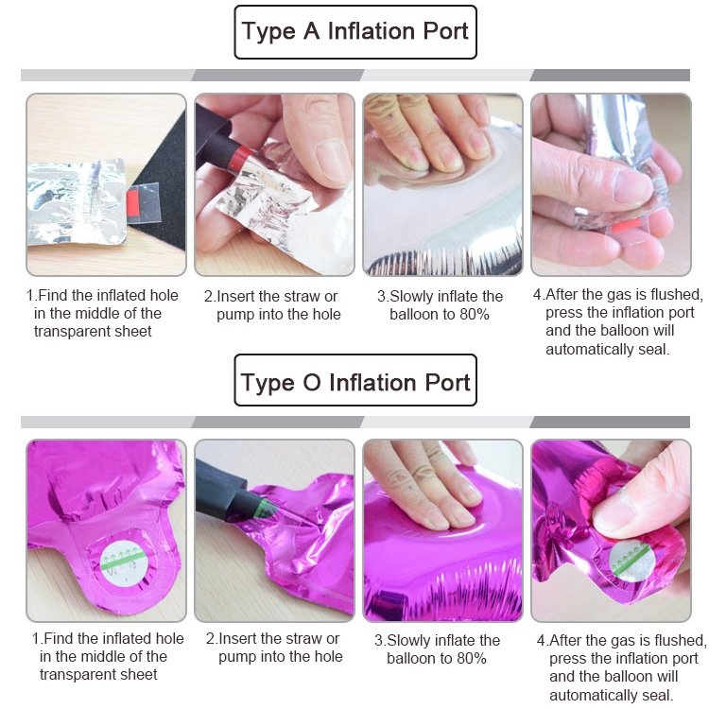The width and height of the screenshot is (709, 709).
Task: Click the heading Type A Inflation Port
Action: pyautogui.click(x=354, y=31)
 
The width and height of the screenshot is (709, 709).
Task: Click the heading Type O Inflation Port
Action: pyautogui.click(x=355, y=383)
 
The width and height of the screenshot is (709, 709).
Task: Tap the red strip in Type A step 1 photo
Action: pyautogui.click(x=134, y=202)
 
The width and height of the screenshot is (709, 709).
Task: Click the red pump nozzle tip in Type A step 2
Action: pyautogui.click(x=240, y=159)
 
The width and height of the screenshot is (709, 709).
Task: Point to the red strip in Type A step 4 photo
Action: pyautogui.click(x=626, y=224)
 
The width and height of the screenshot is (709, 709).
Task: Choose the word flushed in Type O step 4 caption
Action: pyautogui.click(x=679, y=640)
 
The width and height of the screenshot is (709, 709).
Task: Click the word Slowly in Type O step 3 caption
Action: pyautogui.click(x=408, y=640)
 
